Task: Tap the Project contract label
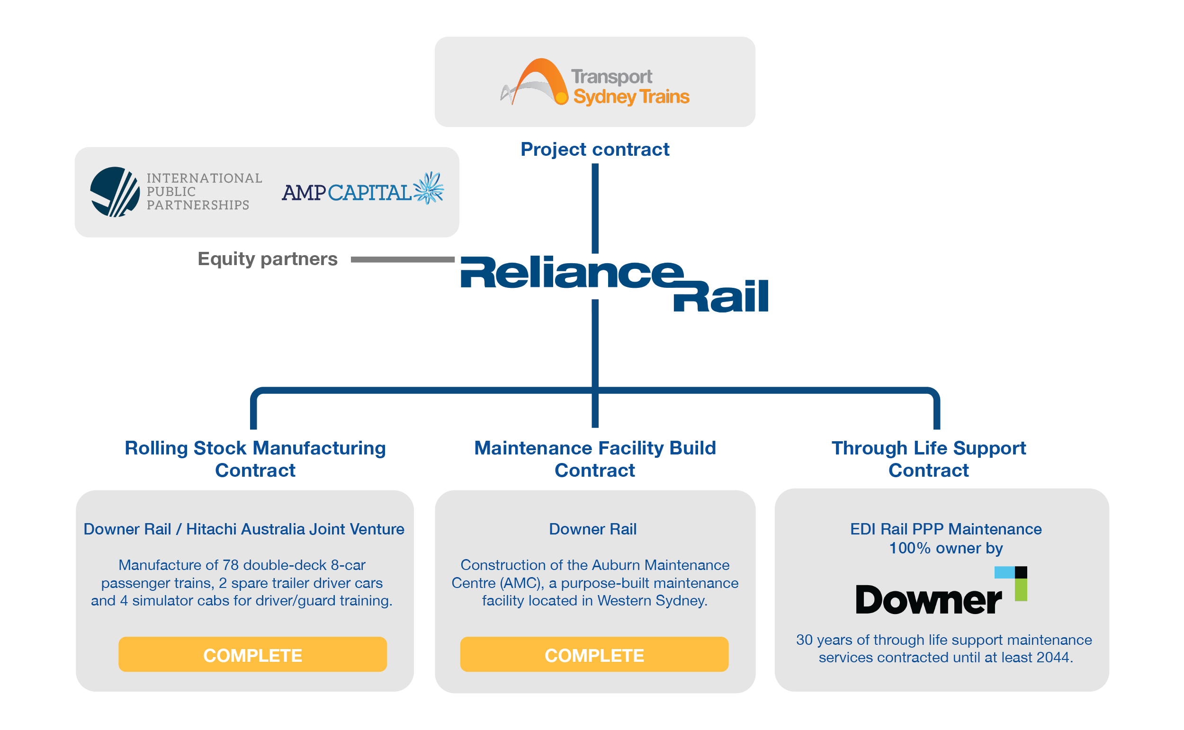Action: [x=594, y=149]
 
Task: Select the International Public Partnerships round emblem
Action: [x=115, y=192]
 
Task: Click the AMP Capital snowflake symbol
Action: [x=428, y=188]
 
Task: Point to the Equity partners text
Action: [x=267, y=259]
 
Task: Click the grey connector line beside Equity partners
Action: [x=402, y=259]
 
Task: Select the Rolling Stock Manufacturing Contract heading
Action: [x=255, y=459]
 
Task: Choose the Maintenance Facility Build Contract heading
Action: [x=594, y=459]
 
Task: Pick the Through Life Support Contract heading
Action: [x=928, y=459]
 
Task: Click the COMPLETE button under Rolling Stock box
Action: [x=252, y=655]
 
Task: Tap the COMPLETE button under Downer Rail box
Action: [x=594, y=655]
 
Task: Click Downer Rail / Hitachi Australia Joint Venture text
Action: [x=244, y=529]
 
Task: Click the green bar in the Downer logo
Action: [x=1020, y=590]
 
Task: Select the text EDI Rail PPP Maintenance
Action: [x=945, y=529]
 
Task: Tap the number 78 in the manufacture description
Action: [x=229, y=565]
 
